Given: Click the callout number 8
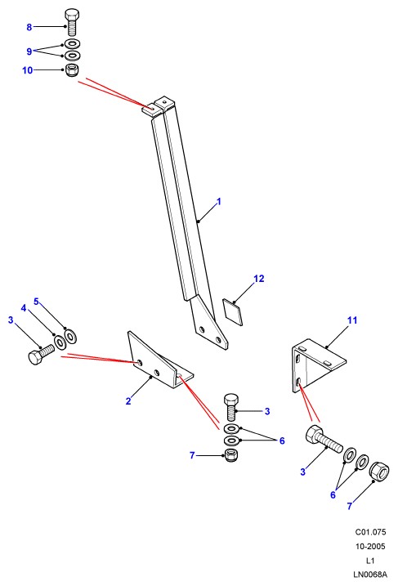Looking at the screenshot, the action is click(x=29, y=27).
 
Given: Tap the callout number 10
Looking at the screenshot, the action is click(x=28, y=70).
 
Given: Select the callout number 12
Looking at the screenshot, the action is click(x=258, y=279).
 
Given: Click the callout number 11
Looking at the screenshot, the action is click(x=352, y=320).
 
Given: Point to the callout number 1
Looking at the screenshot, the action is click(x=219, y=201).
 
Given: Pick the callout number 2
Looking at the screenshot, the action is click(x=128, y=401).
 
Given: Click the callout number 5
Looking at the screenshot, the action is click(x=36, y=302).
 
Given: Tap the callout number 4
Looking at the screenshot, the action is click(x=24, y=308).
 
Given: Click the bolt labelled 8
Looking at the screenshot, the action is click(x=72, y=22).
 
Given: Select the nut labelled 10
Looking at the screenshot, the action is click(x=71, y=70).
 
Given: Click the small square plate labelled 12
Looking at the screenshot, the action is click(x=232, y=311).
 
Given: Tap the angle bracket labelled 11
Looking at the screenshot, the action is click(x=318, y=365).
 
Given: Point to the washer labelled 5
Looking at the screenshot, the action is click(x=70, y=336).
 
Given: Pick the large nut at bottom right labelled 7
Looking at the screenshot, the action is click(x=380, y=471).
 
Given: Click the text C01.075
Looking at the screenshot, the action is click(x=370, y=532).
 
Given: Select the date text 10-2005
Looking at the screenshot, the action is click(x=370, y=547).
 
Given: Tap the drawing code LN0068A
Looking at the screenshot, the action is click(x=370, y=574).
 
